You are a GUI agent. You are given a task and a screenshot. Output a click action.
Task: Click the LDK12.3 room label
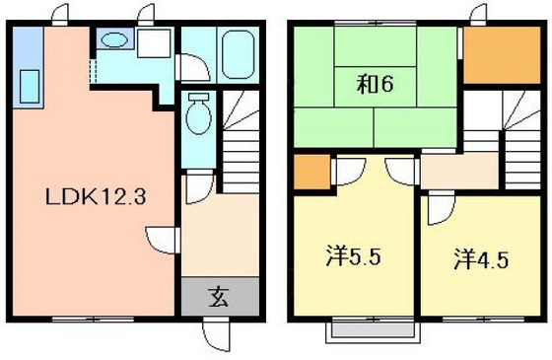[96, 196]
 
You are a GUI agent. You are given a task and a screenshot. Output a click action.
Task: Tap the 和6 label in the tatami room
[375, 84]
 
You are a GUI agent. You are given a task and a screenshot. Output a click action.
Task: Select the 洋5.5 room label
[353, 256]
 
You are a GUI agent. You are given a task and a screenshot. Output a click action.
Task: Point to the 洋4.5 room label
[481, 259]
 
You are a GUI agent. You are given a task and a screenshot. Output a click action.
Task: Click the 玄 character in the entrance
[219, 297]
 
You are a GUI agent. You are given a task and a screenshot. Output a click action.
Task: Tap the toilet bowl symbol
[198, 113]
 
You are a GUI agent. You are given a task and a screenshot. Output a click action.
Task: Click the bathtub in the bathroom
[239, 54]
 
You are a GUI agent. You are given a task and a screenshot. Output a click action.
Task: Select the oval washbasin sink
[114, 39]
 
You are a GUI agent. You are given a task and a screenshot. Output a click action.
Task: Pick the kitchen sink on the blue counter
[30, 87]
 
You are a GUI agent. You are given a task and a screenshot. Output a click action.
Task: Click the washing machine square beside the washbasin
[154, 43]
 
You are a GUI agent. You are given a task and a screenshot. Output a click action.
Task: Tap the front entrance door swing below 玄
[216, 335]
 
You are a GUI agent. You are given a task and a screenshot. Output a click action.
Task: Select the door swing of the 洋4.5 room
[442, 210]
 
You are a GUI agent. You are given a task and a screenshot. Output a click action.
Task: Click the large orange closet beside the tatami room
[502, 55]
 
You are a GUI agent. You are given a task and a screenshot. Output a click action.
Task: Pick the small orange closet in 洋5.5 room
[311, 172]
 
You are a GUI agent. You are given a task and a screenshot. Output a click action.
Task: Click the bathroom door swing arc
[193, 67]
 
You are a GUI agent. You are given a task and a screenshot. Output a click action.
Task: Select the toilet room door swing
[200, 186]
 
